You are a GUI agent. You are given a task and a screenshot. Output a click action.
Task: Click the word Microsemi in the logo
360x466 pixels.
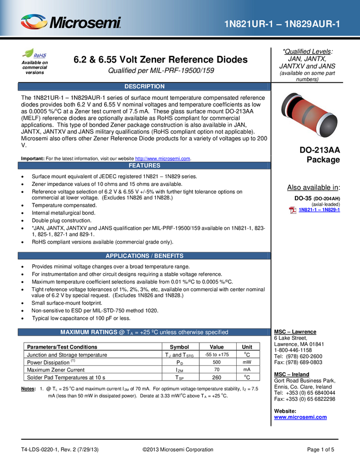[85, 23]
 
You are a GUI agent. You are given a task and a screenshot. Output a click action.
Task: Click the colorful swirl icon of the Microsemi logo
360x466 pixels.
[34, 22]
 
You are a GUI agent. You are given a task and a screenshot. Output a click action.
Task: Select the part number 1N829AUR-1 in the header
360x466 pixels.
[315, 24]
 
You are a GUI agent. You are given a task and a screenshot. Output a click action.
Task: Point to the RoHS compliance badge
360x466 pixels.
[35, 54]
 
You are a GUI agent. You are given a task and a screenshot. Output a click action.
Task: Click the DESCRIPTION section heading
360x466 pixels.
[144, 87]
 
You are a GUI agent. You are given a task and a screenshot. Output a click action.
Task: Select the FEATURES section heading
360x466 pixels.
[144, 166]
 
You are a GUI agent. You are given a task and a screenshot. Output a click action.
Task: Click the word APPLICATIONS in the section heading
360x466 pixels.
[128, 256]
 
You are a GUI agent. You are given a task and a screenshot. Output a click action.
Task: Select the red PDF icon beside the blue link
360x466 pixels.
[293, 210]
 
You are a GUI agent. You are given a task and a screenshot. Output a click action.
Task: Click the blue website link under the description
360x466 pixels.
[163, 159]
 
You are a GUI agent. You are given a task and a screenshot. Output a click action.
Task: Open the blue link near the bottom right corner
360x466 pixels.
[300, 418]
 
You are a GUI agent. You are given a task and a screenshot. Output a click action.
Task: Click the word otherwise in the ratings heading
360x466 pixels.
[188, 332]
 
